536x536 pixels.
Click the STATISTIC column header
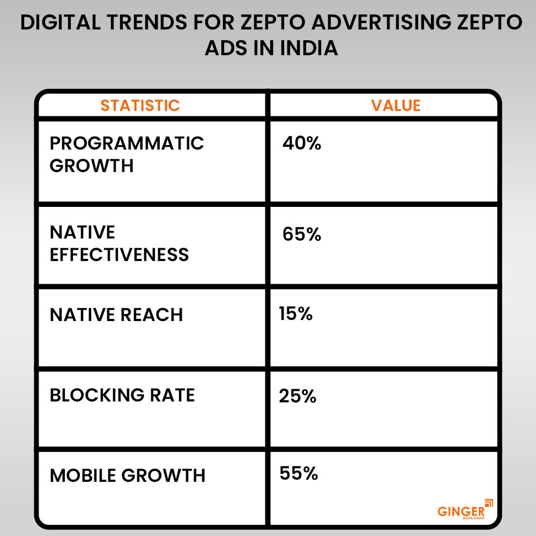point(140,105)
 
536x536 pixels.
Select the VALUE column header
point(396,105)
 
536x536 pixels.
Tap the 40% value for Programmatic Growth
point(301,143)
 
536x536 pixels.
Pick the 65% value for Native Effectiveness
point(301,234)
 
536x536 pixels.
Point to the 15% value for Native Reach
point(295,314)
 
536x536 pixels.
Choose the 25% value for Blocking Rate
point(297,396)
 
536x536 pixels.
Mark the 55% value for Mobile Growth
point(299,473)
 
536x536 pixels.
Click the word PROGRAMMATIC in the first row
point(127,143)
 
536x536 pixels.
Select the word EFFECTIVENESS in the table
point(119,254)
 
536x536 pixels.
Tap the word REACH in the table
point(153,315)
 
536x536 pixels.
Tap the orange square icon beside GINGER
point(488,502)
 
